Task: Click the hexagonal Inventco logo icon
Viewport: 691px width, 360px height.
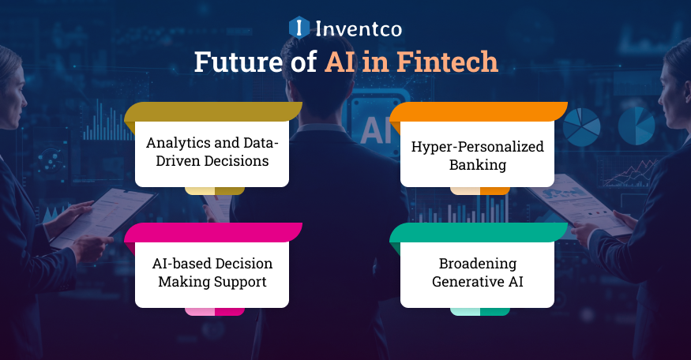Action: pyautogui.click(x=299, y=28)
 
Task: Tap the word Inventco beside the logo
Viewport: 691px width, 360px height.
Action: pyautogui.click(x=358, y=29)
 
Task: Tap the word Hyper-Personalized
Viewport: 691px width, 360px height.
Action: pyautogui.click(x=477, y=148)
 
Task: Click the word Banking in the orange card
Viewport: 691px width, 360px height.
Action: pyautogui.click(x=477, y=166)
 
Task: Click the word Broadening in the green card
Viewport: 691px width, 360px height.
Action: pyautogui.click(x=477, y=264)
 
